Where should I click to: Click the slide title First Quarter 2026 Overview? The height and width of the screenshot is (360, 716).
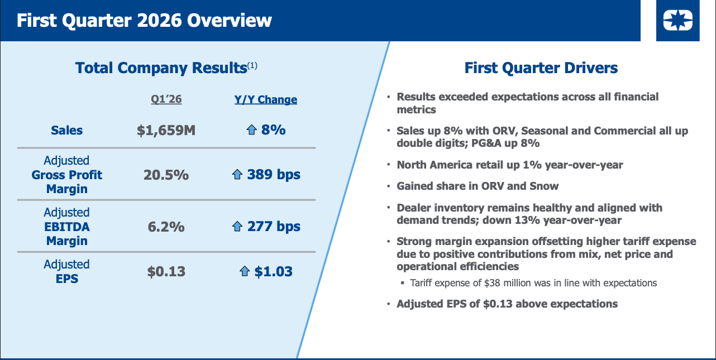click(x=144, y=21)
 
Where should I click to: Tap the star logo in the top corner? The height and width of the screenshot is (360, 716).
click(x=677, y=21)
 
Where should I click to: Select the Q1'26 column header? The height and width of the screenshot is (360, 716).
click(x=166, y=99)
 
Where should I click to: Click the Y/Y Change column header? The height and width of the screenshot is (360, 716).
click(x=266, y=99)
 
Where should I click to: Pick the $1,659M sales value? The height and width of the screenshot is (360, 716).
click(x=166, y=130)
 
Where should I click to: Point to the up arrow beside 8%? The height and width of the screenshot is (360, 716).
click(x=251, y=130)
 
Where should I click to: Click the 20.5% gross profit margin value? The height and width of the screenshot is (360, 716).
click(x=166, y=175)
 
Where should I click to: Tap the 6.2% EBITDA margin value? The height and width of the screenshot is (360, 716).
click(x=166, y=227)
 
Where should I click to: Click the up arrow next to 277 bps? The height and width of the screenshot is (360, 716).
click(x=238, y=227)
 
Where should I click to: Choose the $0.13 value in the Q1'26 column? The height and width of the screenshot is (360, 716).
click(x=166, y=272)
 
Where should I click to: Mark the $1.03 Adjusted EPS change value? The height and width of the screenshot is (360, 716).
click(x=274, y=272)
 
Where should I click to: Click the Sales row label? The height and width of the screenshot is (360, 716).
click(x=66, y=130)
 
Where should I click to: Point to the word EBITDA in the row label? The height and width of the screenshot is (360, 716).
click(x=66, y=227)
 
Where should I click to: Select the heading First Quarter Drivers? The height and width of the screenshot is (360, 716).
click(x=541, y=68)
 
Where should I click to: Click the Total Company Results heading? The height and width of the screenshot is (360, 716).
click(x=161, y=68)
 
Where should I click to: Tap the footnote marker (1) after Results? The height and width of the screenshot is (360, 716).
click(x=252, y=65)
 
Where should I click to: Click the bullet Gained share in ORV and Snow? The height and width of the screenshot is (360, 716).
click(x=478, y=186)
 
